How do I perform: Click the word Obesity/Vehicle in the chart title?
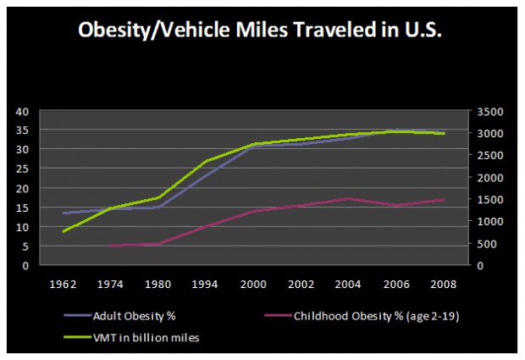tap(149, 29)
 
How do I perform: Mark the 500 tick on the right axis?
tap(477, 244)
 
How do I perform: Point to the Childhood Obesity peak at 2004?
tap(345, 198)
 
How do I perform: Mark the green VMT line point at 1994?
tap(207, 161)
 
